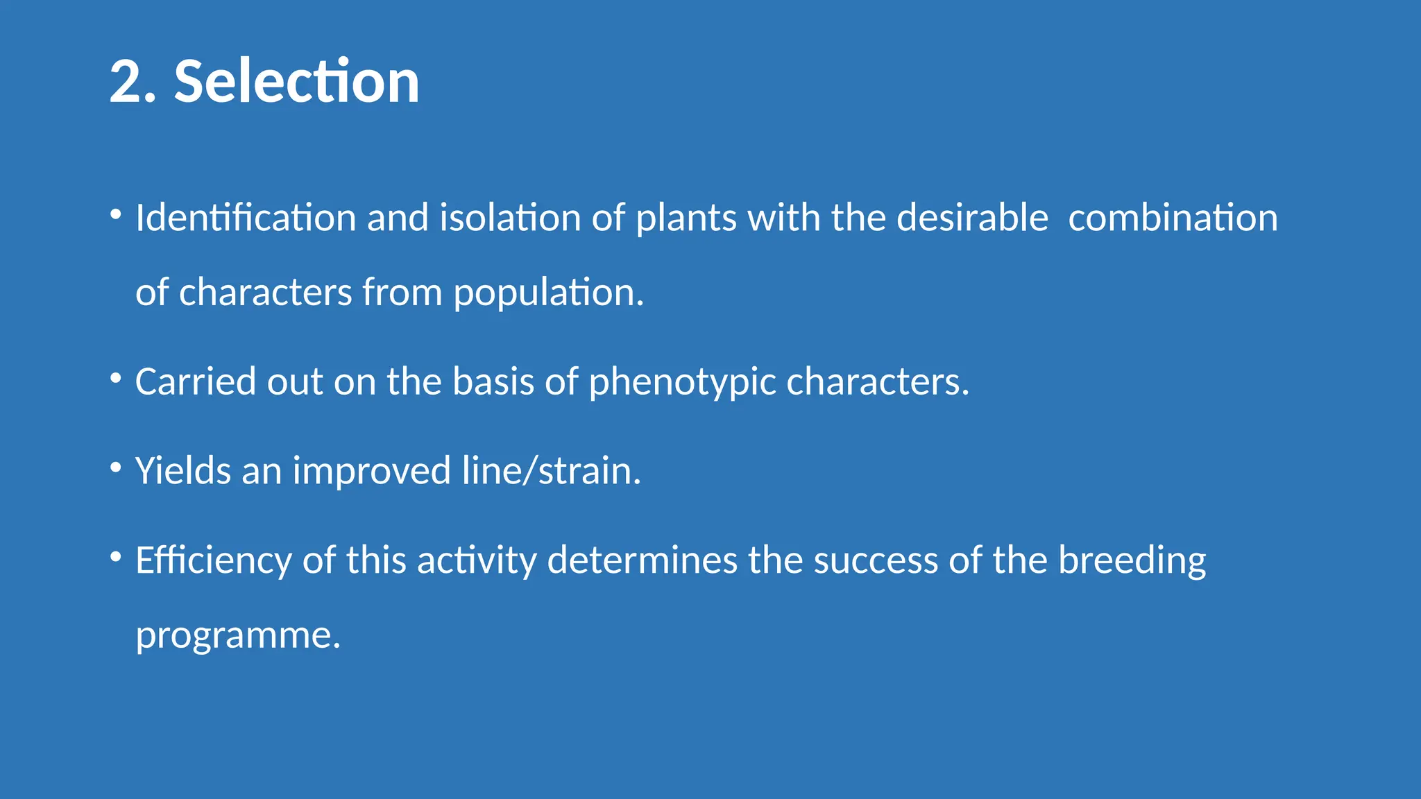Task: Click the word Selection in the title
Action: [x=296, y=82]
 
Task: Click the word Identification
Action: [x=246, y=218]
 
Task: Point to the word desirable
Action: [x=972, y=218]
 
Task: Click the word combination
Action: [x=1173, y=218]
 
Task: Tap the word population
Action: [x=547, y=293]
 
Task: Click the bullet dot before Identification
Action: [x=116, y=214]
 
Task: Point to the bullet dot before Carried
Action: [x=116, y=378]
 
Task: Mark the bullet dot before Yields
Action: [x=116, y=467]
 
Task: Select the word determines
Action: [x=642, y=560]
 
